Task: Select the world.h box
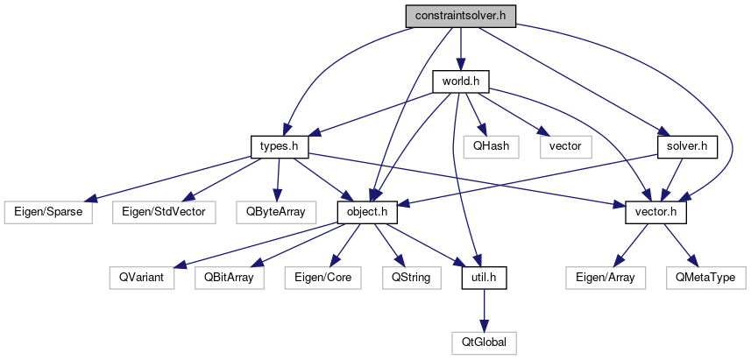pos(460,81)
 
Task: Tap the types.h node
pos(276,146)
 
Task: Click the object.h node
pos(368,212)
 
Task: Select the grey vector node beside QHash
pos(565,146)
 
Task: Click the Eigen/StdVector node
pos(164,212)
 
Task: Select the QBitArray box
pos(229,278)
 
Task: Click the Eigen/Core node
pos(319,278)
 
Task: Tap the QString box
pos(407,278)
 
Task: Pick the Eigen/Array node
pos(606,278)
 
